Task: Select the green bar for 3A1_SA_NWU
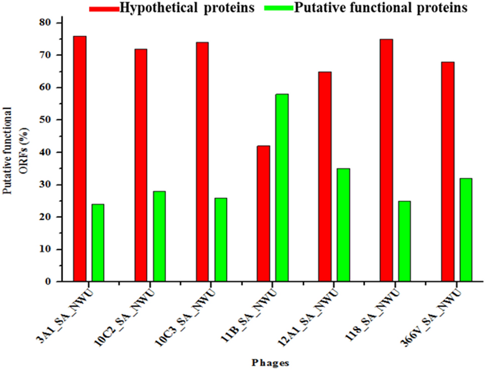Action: (x=98, y=243)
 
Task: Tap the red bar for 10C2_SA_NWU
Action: (x=141, y=165)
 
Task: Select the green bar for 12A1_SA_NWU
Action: (x=343, y=225)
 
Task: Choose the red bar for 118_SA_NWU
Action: (x=386, y=160)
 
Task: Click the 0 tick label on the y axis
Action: (x=49, y=282)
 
